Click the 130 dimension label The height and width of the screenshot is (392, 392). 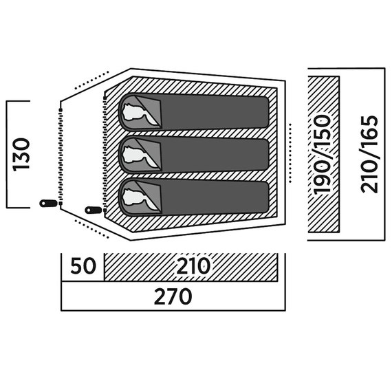tap(21, 155)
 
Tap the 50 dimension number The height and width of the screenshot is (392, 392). tap(83, 266)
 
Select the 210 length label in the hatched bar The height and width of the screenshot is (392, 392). tap(193, 265)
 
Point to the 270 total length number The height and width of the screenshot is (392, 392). tap(173, 296)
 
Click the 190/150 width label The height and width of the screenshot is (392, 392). tap(322, 155)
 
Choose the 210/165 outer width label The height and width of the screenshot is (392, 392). tap(369, 154)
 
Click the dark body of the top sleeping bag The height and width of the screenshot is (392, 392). tap(215, 113)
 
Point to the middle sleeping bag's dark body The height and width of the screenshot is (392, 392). tap(215, 155)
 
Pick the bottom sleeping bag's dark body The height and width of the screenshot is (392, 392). tap(215, 197)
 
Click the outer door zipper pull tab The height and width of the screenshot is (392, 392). tap(49, 204)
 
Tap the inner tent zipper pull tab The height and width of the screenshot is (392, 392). tap(94, 210)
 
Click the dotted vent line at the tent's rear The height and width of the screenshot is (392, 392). tap(290, 153)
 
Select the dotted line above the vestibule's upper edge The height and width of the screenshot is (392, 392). tap(91, 80)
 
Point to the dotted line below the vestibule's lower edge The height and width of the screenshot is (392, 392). tap(91, 229)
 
